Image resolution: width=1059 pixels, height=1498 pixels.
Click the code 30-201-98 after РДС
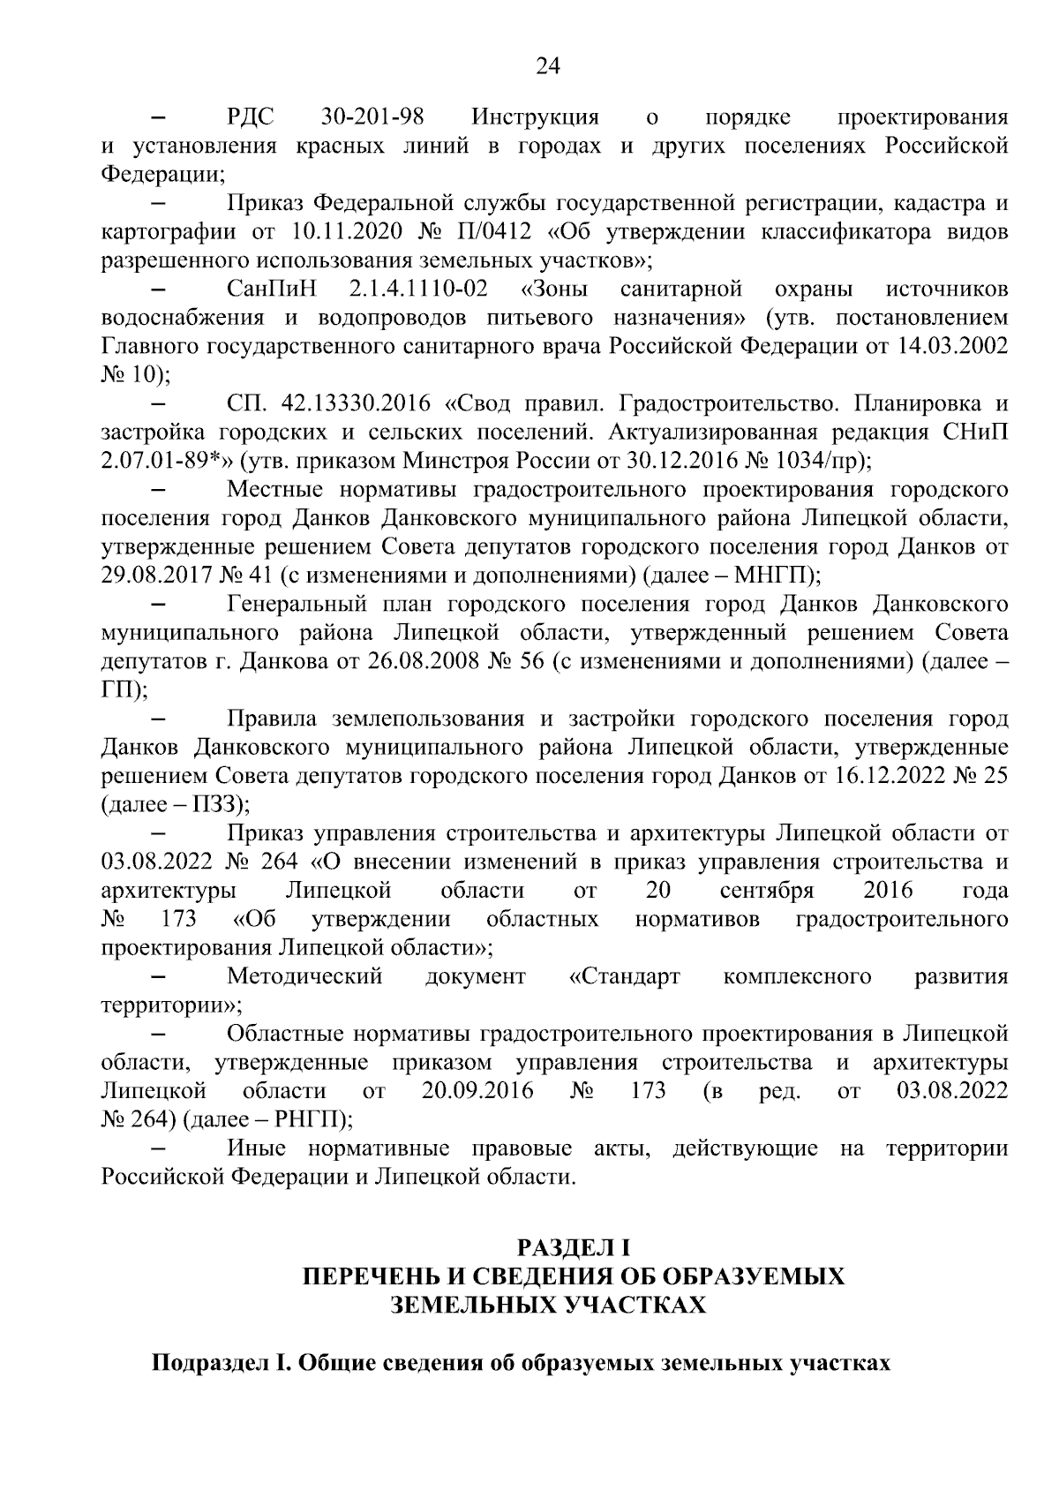pos(370,117)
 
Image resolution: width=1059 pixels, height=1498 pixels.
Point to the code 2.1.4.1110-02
pos(418,290)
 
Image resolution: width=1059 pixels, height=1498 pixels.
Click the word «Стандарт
pos(624,976)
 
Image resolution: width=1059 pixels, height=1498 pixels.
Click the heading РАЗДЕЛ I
pos(574,1247)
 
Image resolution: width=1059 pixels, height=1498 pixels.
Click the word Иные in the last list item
pos(256,1148)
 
